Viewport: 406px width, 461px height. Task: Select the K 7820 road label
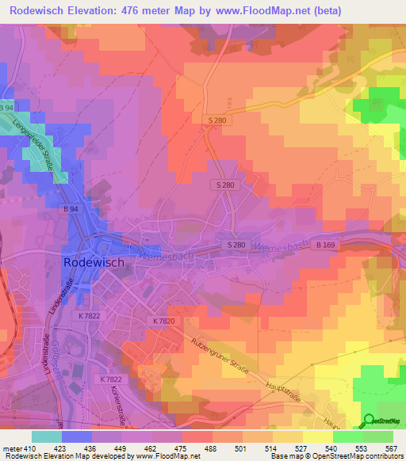[161, 321]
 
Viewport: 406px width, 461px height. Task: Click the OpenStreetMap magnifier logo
[369, 420]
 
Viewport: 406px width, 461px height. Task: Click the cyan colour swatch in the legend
[46, 437]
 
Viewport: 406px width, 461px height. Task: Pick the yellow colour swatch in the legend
[317, 437]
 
